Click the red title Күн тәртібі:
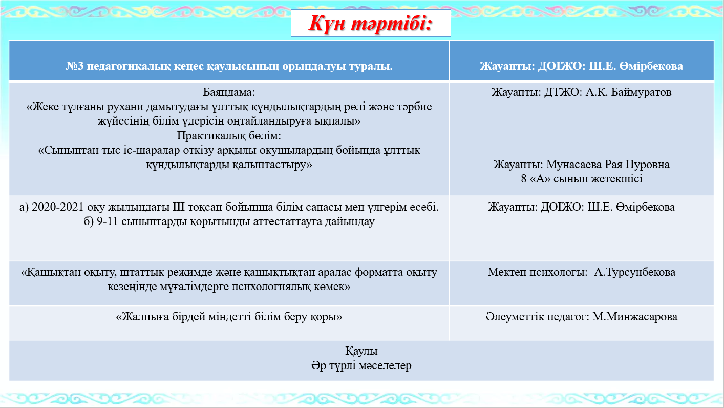click(x=370, y=23)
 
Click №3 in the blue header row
click(x=74, y=66)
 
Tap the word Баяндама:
click(x=229, y=92)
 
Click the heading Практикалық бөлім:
click(x=229, y=136)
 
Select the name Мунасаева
click(x=573, y=165)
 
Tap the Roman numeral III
click(x=179, y=207)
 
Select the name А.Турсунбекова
click(x=635, y=272)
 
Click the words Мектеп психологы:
click(x=538, y=272)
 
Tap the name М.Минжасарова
click(x=635, y=317)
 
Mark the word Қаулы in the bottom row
click(x=361, y=351)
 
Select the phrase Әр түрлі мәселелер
click(x=361, y=365)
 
